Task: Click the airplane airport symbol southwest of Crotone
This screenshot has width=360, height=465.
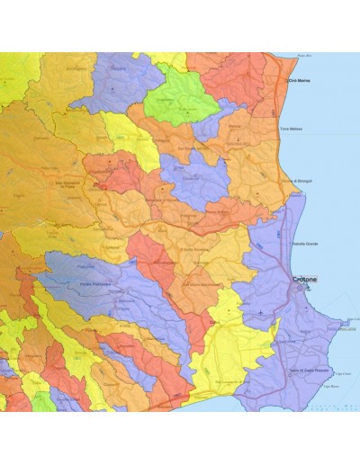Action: point(261,312)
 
